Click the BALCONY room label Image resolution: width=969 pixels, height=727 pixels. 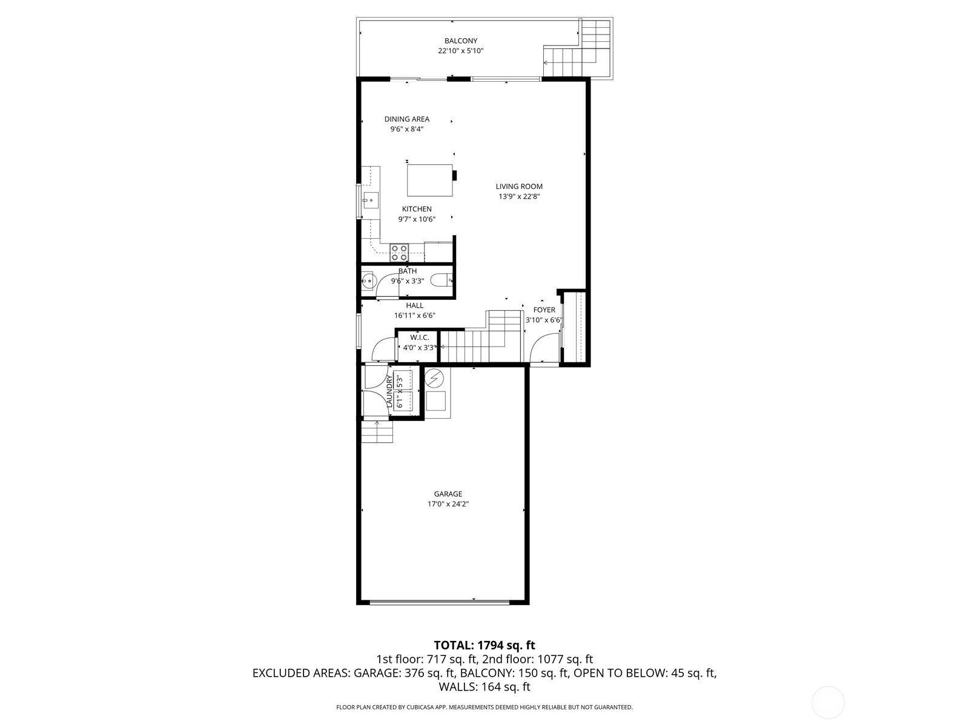(x=460, y=41)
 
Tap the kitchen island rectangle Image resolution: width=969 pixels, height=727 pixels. (x=429, y=180)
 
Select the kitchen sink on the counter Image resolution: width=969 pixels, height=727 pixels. (x=370, y=200)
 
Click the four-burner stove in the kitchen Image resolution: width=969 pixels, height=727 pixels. (x=399, y=252)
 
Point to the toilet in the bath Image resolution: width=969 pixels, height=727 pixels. (x=440, y=281)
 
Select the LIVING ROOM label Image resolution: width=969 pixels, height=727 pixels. (x=519, y=187)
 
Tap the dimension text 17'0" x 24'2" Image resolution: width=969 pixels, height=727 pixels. (x=448, y=504)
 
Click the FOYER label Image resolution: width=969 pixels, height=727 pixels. (x=544, y=310)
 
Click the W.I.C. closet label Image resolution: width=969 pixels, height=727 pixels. (x=419, y=337)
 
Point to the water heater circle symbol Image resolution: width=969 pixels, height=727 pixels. (x=434, y=379)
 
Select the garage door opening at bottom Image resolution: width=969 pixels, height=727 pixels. (x=440, y=602)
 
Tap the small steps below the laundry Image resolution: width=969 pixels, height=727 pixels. (x=377, y=433)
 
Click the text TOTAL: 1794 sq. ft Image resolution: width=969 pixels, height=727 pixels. (x=484, y=645)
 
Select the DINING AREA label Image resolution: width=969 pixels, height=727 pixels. (x=406, y=119)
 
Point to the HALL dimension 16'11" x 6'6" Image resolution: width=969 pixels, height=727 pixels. (x=414, y=316)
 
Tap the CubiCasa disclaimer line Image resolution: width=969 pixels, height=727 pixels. (x=484, y=707)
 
